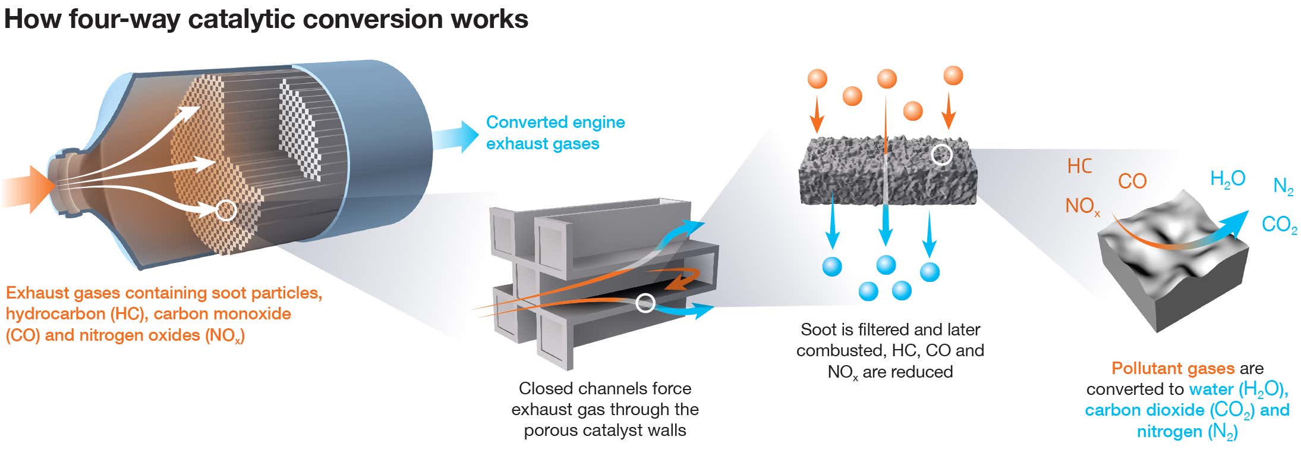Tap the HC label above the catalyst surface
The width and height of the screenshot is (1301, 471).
[x=1079, y=166]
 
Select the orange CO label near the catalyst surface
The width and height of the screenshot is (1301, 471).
[x=1132, y=181]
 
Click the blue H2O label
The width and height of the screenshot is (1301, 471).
[x=1227, y=178]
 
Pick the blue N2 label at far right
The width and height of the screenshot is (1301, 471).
[x=1283, y=187]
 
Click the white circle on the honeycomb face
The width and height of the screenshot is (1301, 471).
[x=226, y=209]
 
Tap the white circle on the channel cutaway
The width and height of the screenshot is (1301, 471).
[x=645, y=303]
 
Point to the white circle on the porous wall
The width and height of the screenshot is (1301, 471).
[x=941, y=155]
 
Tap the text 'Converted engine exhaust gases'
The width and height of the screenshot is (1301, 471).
[x=555, y=133]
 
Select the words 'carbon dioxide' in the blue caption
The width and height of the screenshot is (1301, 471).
[x=1144, y=410]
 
